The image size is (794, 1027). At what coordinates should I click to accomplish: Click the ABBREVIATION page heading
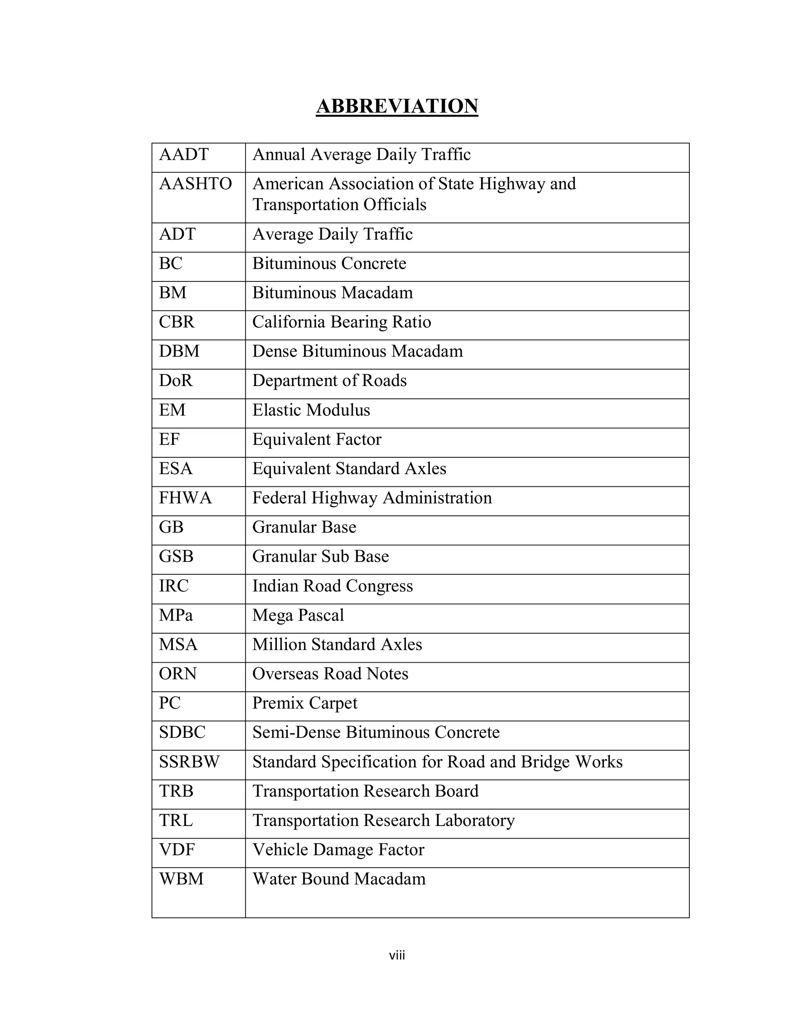click(397, 106)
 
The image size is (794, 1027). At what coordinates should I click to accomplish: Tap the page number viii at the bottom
click(397, 956)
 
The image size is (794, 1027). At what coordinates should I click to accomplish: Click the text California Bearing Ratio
click(342, 322)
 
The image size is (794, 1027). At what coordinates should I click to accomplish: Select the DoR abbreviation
click(176, 381)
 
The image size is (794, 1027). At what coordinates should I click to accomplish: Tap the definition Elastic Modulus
click(311, 410)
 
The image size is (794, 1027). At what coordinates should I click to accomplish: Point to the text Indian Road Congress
click(333, 586)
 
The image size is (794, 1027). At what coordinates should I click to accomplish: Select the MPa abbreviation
click(176, 615)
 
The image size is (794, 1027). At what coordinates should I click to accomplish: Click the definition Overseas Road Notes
click(330, 674)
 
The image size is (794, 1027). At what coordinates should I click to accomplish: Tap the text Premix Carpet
click(305, 703)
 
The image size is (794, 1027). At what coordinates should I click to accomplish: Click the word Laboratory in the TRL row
click(475, 820)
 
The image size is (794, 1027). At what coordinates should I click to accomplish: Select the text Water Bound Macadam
click(339, 879)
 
